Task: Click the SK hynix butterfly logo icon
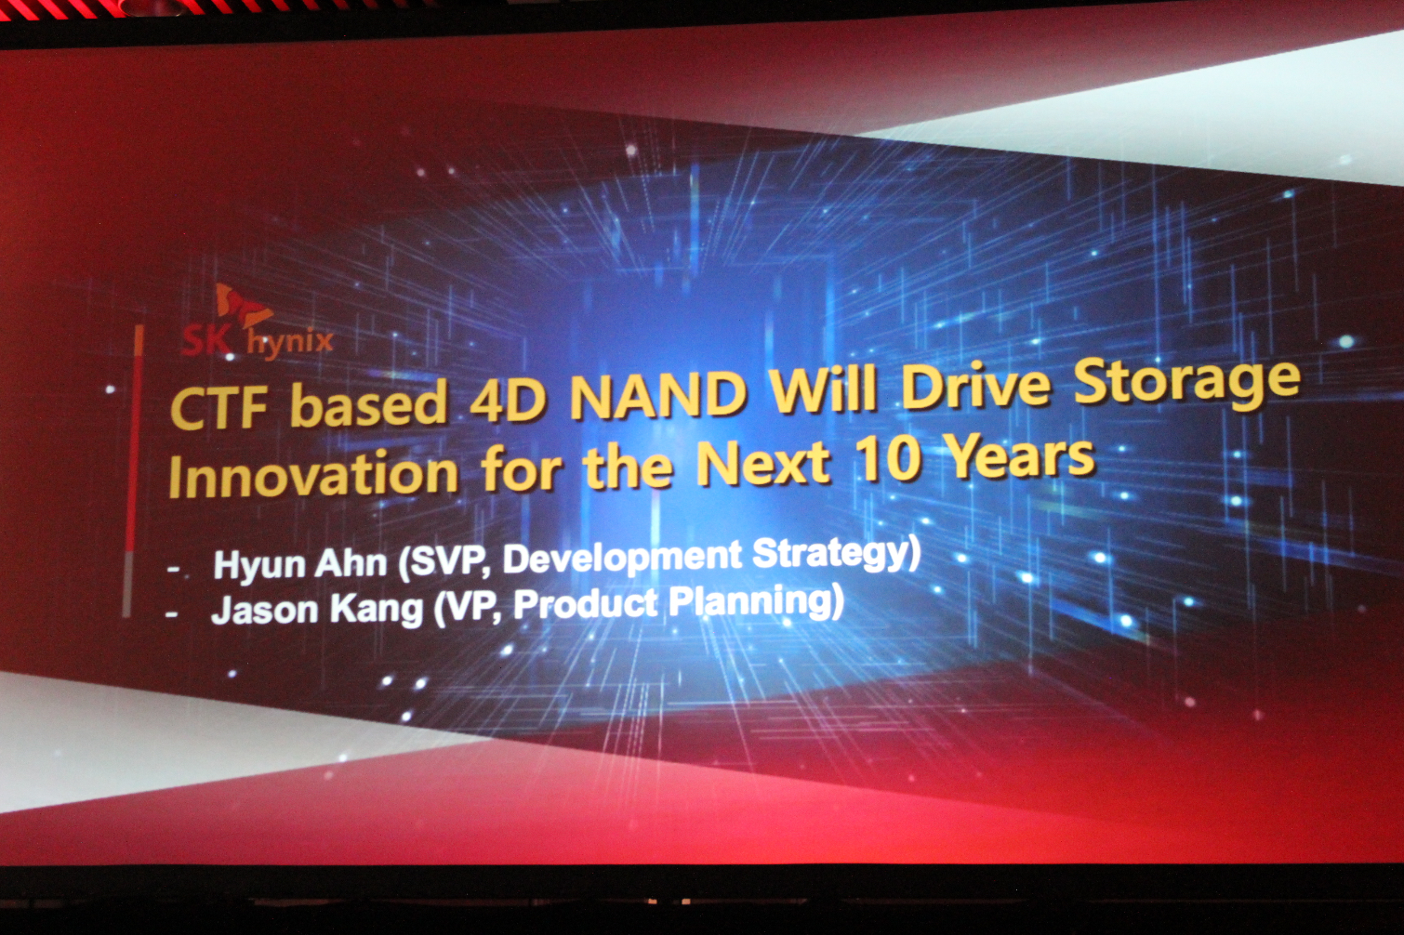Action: pos(244,307)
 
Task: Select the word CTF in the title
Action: pos(219,409)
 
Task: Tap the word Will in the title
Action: pos(823,387)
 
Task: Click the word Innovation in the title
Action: pos(313,474)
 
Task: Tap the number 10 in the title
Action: pos(886,459)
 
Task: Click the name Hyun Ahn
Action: pos(299,564)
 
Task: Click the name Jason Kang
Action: pos(317,609)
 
